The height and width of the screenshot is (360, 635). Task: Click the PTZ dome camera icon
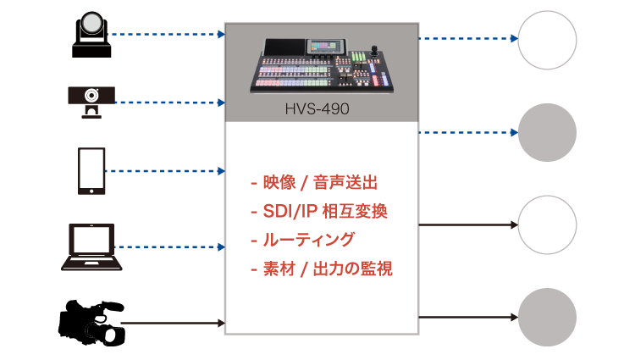tap(91, 35)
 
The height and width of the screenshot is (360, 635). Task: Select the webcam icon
tap(91, 102)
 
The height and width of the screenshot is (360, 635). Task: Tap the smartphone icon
tap(91, 171)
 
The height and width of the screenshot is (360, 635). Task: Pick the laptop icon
tap(91, 246)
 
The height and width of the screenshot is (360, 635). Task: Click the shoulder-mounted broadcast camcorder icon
tap(91, 323)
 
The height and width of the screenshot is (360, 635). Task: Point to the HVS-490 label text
tap(317, 109)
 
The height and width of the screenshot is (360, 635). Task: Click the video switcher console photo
tap(322, 65)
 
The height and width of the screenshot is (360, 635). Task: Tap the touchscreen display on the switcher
tap(327, 46)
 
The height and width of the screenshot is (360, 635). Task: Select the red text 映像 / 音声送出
tap(314, 183)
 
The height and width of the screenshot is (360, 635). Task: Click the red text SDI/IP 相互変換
tap(319, 211)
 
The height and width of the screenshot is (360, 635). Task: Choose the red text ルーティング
tap(303, 240)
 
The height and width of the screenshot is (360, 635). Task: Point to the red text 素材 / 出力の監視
tap(322, 269)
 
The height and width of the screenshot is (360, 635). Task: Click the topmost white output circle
tap(547, 40)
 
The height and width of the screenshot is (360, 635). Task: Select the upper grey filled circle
tap(547, 132)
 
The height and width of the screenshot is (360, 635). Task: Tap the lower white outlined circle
tap(547, 224)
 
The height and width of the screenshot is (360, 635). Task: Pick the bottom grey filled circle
tap(547, 317)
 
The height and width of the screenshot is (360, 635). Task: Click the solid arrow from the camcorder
tap(173, 323)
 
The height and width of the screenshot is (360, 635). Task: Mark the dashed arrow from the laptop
tap(169, 246)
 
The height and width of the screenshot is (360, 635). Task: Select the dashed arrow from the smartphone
tap(165, 171)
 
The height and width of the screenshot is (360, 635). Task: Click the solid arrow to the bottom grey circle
tap(468, 317)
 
